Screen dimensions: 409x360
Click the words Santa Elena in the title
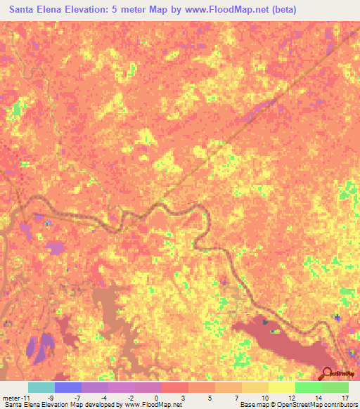click(x=40, y=10)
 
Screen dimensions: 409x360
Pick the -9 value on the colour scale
click(x=51, y=397)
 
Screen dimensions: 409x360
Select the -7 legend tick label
click(x=77, y=397)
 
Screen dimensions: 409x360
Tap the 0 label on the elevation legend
click(x=157, y=397)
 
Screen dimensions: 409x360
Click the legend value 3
click(x=184, y=397)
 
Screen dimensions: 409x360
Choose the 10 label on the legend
click(x=264, y=397)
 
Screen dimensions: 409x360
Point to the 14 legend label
click(x=317, y=397)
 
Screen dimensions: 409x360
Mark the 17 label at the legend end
click(x=344, y=397)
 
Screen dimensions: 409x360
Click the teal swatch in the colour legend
click(x=41, y=387)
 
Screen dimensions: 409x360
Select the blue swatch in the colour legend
click(x=67, y=387)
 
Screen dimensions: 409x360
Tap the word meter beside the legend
click(x=11, y=397)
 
